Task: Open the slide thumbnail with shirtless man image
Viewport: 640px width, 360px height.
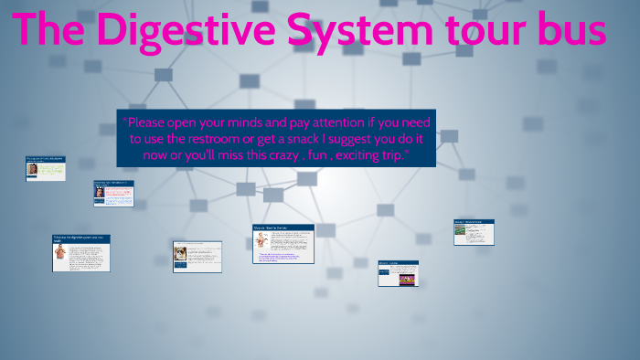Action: [x=80, y=253]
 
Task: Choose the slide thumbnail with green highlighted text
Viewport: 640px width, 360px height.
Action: [x=45, y=168]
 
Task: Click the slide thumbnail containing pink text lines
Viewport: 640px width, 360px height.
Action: [x=113, y=193]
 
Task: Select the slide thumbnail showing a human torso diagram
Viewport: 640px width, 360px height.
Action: [x=283, y=245]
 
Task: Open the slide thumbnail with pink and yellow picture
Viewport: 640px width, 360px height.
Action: [x=398, y=273]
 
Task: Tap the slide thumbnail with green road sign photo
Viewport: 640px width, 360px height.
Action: [x=474, y=232]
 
